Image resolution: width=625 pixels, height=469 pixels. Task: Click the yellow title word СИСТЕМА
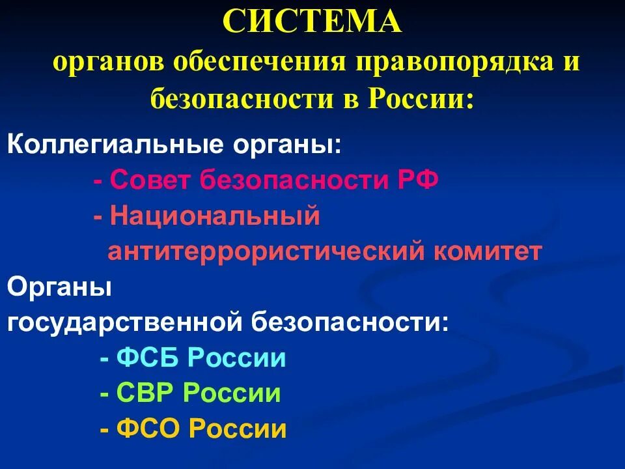(x=312, y=23)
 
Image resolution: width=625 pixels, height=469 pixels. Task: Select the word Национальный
(x=215, y=216)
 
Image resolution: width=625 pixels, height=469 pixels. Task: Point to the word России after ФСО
(x=238, y=429)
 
